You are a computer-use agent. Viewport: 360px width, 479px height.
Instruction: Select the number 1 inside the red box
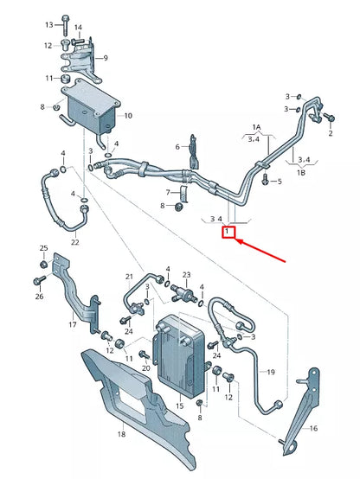click(x=227, y=233)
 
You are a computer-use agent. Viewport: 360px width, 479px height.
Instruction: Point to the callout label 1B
click(x=302, y=173)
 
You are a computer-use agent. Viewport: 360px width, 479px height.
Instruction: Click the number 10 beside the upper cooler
click(x=128, y=115)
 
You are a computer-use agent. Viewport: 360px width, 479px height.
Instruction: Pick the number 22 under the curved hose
click(x=74, y=242)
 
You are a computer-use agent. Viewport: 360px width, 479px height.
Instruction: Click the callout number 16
click(x=314, y=427)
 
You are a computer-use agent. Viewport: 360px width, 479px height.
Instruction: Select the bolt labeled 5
click(x=264, y=181)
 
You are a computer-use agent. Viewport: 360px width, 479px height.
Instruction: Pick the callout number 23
click(x=185, y=274)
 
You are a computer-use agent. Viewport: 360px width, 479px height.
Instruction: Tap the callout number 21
click(x=129, y=277)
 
